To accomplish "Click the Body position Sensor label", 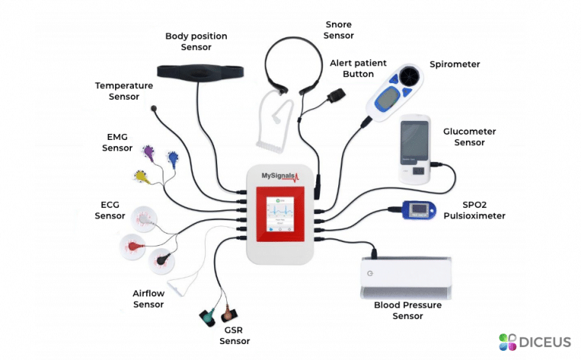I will [196, 42].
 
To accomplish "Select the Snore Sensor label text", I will [339, 29].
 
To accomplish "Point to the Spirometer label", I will [455, 64].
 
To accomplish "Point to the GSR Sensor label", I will [235, 336].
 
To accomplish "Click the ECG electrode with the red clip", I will [135, 245].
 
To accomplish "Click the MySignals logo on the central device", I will [281, 176].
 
